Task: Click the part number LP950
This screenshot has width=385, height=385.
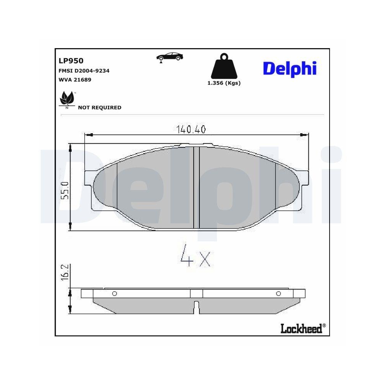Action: pyautogui.click(x=71, y=60)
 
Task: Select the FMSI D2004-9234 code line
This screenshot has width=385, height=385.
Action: pyautogui.click(x=84, y=71)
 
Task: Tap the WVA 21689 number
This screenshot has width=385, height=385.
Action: pyautogui.click(x=75, y=80)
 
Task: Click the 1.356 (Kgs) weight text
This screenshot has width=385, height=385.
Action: pyautogui.click(x=224, y=83)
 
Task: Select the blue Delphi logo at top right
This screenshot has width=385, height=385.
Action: pyautogui.click(x=290, y=69)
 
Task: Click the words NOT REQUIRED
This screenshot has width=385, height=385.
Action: pyautogui.click(x=99, y=108)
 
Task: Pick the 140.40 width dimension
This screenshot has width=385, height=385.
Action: pyautogui.click(x=191, y=129)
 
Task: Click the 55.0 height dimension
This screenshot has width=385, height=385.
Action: pyautogui.click(x=65, y=190)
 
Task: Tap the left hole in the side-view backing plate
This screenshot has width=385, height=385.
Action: pyautogui.click(x=114, y=294)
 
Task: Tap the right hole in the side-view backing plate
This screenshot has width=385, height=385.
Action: pyautogui.click(x=278, y=294)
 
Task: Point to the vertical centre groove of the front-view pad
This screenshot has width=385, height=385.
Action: pyautogui.click(x=196, y=188)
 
